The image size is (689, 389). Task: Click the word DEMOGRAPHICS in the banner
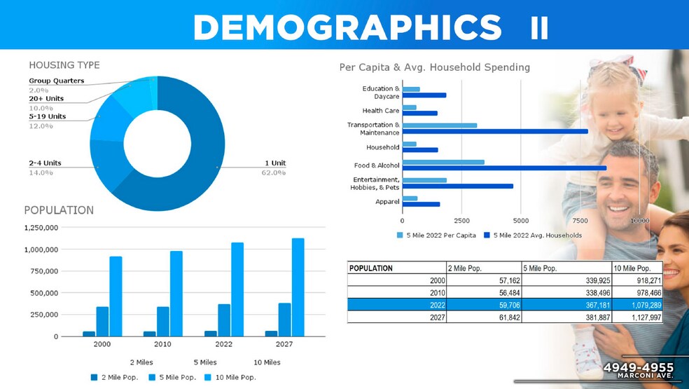pos(347,27)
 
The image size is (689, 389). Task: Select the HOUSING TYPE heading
pos(64,65)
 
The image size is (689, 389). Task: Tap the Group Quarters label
pos(56,81)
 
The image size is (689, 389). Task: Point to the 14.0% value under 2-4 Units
pos(41,172)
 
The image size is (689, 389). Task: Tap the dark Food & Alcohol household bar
pos(504,168)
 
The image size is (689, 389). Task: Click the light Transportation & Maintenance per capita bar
pos(439,125)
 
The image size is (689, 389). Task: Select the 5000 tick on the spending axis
pos(520,220)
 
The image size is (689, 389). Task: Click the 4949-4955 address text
pos(638,368)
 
